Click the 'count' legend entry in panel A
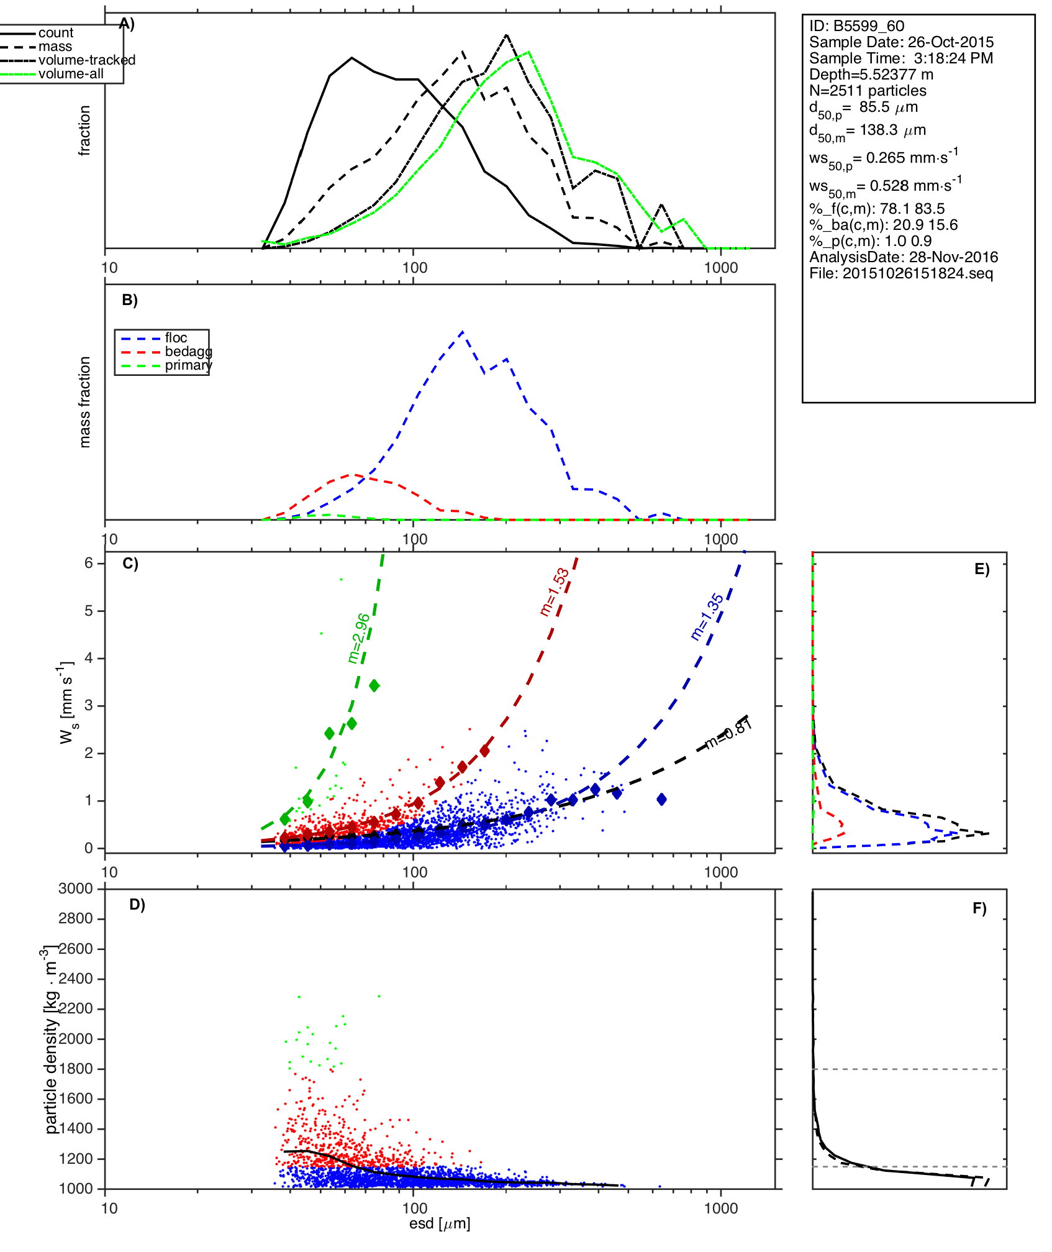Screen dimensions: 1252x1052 pyautogui.click(x=55, y=33)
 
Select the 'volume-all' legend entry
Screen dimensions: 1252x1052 pyautogui.click(x=71, y=74)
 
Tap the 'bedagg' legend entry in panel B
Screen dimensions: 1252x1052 pyautogui.click(x=188, y=352)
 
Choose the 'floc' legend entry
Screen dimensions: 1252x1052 pyautogui.click(x=176, y=338)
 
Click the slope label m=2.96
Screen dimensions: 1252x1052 pyautogui.click(x=359, y=638)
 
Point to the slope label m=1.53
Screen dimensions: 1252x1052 pyautogui.click(x=555, y=592)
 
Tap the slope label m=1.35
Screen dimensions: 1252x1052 pyautogui.click(x=707, y=617)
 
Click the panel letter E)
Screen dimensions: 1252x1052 pyautogui.click(x=982, y=569)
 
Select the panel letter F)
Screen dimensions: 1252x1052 pyautogui.click(x=979, y=908)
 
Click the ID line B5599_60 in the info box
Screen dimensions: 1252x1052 pyautogui.click(x=856, y=26)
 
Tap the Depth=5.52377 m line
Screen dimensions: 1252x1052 pyautogui.click(x=871, y=75)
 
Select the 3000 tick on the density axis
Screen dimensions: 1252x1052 pyautogui.click(x=76, y=889)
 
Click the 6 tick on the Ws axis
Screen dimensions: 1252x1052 pyautogui.click(x=89, y=563)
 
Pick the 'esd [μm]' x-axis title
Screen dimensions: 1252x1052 pyautogui.click(x=440, y=1224)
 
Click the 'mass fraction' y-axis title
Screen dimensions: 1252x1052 pyautogui.click(x=85, y=402)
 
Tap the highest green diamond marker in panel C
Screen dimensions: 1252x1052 pyautogui.click(x=374, y=686)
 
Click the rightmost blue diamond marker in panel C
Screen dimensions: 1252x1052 pyautogui.click(x=662, y=800)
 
